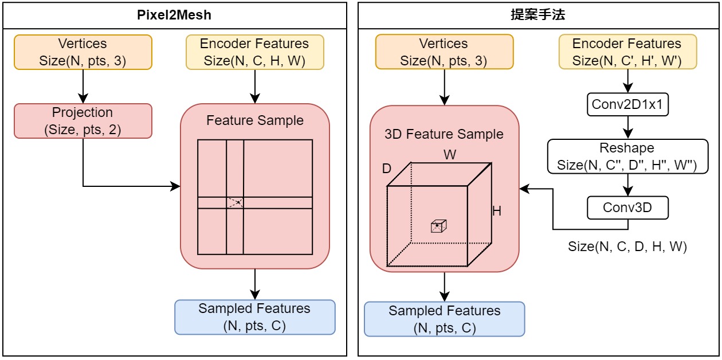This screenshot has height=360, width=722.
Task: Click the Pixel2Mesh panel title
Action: (x=174, y=15)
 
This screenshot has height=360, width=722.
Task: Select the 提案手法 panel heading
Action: (x=537, y=15)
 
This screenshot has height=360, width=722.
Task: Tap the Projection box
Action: (x=83, y=121)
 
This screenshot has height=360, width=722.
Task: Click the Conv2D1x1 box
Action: (x=627, y=104)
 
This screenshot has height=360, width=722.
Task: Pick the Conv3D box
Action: (x=627, y=208)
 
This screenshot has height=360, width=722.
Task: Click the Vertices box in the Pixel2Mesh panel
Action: (x=83, y=52)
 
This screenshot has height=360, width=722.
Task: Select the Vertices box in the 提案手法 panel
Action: (x=444, y=52)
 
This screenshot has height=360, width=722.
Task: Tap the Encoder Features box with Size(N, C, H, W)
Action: (x=254, y=52)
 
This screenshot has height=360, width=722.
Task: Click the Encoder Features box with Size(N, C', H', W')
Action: (x=627, y=52)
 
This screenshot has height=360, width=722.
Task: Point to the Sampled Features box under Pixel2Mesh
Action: (x=254, y=317)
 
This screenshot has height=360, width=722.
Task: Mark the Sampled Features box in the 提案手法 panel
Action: (x=444, y=319)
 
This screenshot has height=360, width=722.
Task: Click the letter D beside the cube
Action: (x=387, y=170)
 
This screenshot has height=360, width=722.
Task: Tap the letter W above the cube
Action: (x=450, y=155)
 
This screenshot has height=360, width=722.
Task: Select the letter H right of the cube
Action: (x=497, y=211)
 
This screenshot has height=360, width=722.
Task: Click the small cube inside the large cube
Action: (x=438, y=226)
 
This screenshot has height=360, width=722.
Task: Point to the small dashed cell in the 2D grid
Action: (x=235, y=202)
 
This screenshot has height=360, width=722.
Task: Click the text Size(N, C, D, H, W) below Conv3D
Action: (x=627, y=246)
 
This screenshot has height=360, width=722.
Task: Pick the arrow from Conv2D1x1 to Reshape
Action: (x=627, y=127)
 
